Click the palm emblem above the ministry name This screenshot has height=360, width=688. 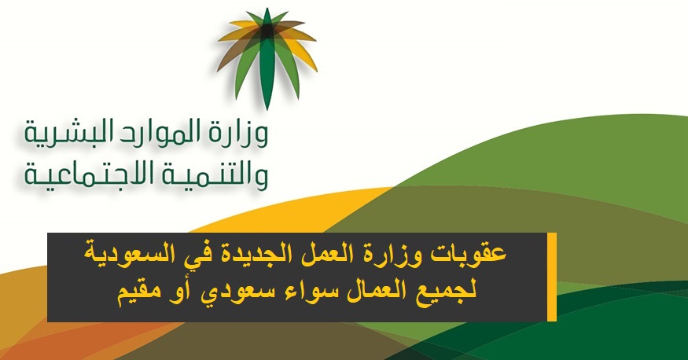coord(267,58)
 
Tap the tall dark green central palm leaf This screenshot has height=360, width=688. coord(267,61)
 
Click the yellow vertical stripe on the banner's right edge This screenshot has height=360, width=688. coord(552,277)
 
